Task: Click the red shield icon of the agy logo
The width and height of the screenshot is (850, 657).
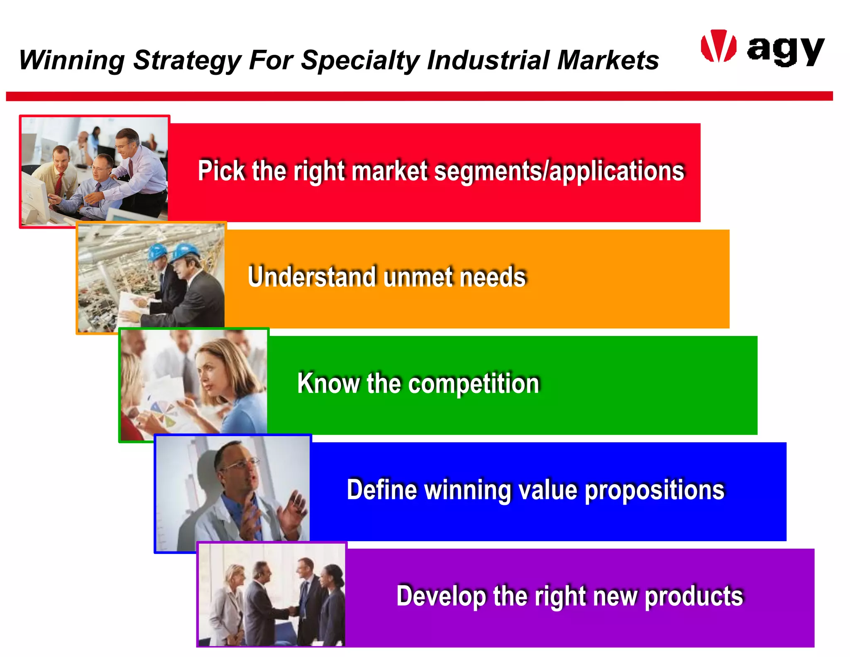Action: (718, 46)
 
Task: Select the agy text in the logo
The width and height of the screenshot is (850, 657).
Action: (785, 50)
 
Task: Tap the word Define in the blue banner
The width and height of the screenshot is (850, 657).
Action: (381, 490)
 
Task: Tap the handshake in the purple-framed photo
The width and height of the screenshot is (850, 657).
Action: (293, 610)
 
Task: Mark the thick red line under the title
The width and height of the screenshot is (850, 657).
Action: (419, 96)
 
